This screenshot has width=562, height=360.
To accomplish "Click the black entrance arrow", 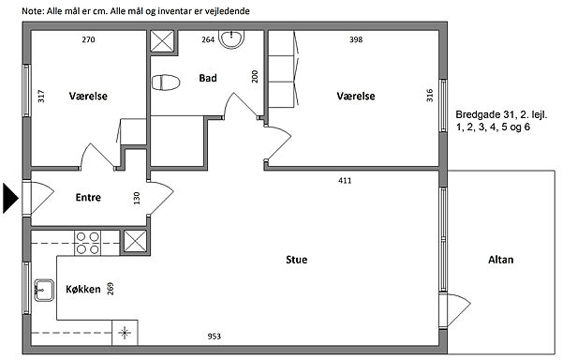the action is tap(10, 198).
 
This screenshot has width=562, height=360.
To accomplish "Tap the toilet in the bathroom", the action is tap(166, 82).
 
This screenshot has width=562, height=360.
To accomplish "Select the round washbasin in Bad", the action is tap(232, 39).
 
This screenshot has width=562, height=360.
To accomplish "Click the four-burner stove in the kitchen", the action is tap(88, 243).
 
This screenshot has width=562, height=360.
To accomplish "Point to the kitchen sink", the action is tap(44, 290).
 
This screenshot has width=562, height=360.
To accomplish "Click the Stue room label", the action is tap(296, 260).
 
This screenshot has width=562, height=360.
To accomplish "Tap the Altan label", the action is tap(501, 260).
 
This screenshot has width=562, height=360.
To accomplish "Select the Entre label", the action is tap(88, 197).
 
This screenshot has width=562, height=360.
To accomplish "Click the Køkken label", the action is tap(83, 289).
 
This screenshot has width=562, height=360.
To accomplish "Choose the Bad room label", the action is tap(208, 78).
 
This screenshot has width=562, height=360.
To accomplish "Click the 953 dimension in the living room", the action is tap(214, 337).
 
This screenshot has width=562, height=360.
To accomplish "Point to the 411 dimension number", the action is tap(345, 180).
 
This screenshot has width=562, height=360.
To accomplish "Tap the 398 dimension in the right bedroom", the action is tap(356, 39).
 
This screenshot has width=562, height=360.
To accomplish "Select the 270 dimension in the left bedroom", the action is tap(89, 39).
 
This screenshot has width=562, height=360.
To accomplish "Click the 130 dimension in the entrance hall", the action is tap(137, 199).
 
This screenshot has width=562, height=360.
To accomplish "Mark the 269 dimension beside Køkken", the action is tap(111, 289).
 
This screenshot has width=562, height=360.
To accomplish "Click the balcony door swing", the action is tap(455, 310).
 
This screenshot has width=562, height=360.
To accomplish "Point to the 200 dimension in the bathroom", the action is tap(255, 76).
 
